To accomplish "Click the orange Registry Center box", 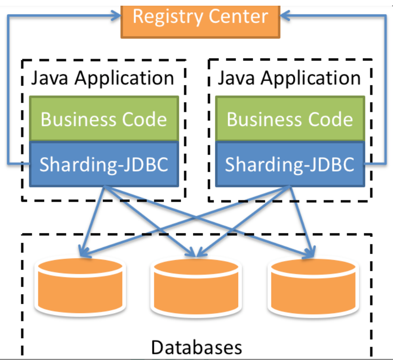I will [200, 19].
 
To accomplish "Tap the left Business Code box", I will [104, 119].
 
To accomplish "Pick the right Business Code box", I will [290, 119].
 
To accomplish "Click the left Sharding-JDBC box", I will [104, 164].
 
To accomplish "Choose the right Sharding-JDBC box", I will [290, 164].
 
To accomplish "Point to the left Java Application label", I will [103, 78].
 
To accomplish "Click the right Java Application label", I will [289, 78].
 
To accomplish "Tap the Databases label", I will [196, 347].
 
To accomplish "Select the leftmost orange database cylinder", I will [80, 287].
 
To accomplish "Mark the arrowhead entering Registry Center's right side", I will [285, 16].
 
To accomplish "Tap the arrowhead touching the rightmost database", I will [311, 250].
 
